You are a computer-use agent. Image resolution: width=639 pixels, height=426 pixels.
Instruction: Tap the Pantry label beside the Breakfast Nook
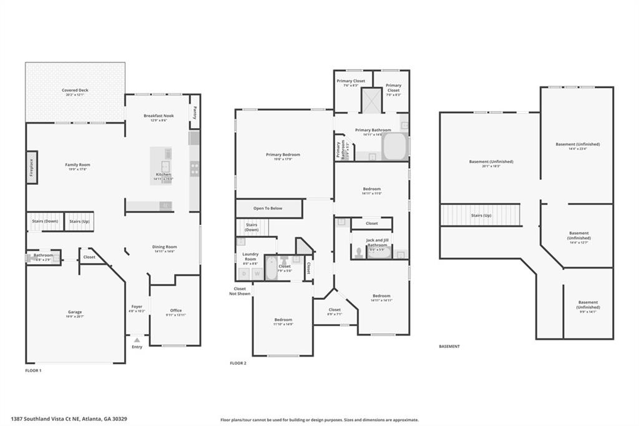(195, 112)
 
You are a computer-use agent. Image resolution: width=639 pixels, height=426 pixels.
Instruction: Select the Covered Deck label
(75, 90)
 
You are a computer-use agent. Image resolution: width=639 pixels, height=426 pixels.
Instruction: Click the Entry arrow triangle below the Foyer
(137, 340)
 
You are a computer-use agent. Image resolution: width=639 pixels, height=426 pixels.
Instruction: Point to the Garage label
(75, 312)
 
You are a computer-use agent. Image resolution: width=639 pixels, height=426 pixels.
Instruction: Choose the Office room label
(175, 310)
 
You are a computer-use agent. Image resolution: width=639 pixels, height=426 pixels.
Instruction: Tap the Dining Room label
(165, 247)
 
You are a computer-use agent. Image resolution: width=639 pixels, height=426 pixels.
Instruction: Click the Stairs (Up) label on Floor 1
(79, 221)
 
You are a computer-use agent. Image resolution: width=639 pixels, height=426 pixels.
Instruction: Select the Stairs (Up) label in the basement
(480, 215)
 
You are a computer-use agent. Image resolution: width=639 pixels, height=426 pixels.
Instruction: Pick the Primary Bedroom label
(283, 154)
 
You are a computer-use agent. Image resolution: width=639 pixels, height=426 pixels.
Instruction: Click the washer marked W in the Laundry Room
(255, 272)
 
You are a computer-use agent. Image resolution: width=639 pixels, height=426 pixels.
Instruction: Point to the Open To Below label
(268, 208)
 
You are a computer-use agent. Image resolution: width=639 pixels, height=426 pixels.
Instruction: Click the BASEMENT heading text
(449, 346)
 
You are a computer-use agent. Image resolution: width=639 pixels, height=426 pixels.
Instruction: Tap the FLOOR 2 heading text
(238, 363)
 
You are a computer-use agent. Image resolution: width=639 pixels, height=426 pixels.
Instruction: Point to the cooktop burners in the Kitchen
(195, 167)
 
